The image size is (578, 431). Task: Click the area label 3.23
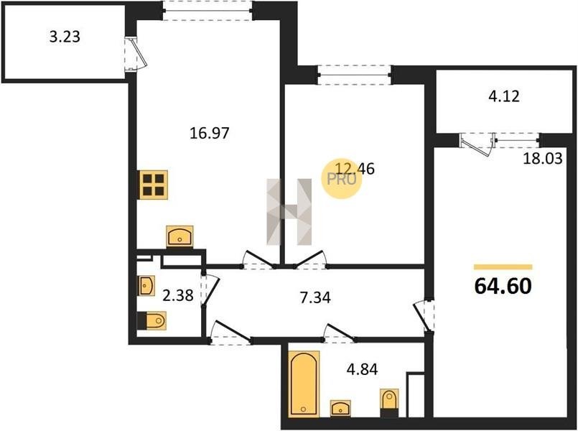click(x=65, y=37)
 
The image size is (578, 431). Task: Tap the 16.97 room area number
click(x=210, y=133)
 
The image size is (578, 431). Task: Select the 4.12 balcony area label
click(x=503, y=96)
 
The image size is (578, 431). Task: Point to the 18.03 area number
click(x=543, y=159)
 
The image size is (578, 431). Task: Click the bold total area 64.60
click(x=503, y=286)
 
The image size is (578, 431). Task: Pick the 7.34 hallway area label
click(x=315, y=297)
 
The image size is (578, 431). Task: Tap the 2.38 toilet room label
click(x=178, y=295)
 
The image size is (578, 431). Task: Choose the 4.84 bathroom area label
click(x=363, y=369)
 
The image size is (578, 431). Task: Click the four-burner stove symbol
click(x=154, y=185)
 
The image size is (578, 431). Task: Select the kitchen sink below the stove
click(x=180, y=236)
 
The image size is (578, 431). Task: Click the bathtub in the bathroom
click(x=304, y=384)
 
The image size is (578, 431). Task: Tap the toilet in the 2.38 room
click(x=152, y=321)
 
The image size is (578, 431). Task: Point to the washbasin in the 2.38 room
click(x=146, y=285)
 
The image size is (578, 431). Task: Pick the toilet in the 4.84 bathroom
click(x=389, y=402)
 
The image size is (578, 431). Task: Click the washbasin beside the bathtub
click(x=340, y=409)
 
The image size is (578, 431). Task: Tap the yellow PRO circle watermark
click(x=342, y=180)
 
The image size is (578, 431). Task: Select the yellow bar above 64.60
click(x=503, y=267)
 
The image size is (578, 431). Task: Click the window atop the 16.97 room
click(x=208, y=11)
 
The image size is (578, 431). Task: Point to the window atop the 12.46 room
click(x=355, y=75)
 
